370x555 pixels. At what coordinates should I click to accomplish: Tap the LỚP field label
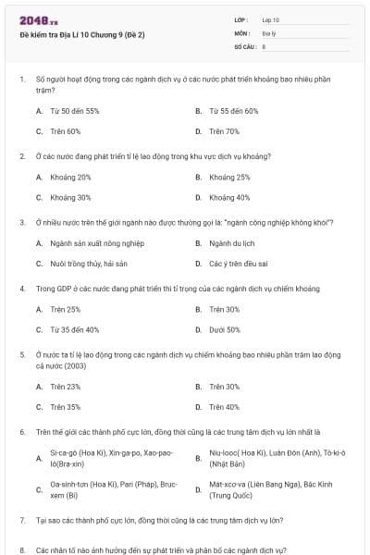tap(241, 19)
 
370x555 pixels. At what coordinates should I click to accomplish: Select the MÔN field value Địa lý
tap(269, 32)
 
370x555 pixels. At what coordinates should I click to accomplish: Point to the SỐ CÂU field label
tap(244, 44)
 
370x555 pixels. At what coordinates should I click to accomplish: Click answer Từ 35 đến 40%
tap(74, 329)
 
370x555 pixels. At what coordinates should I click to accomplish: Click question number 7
tap(21, 521)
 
